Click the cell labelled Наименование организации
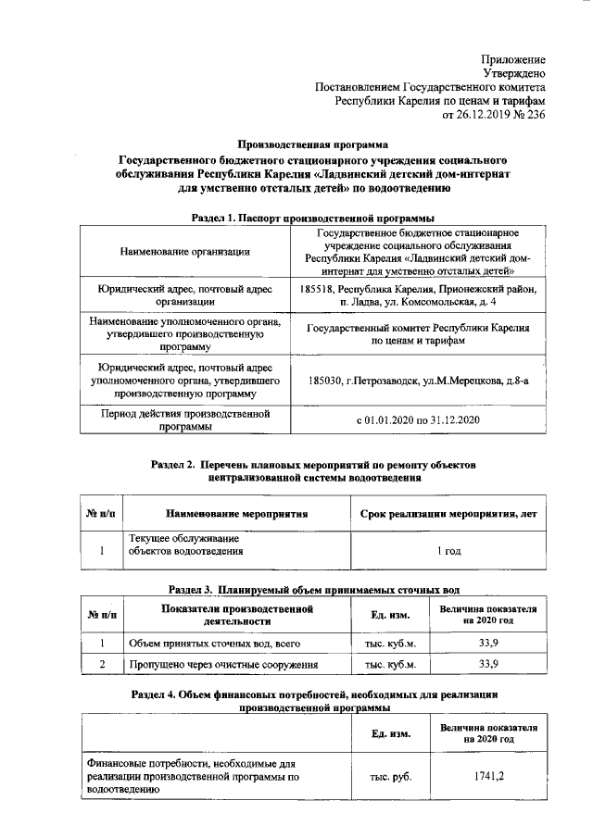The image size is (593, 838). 184,251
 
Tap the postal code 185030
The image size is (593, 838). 325,381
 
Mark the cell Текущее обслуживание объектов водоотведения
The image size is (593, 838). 185,544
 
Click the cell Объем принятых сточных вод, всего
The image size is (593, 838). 214,642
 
